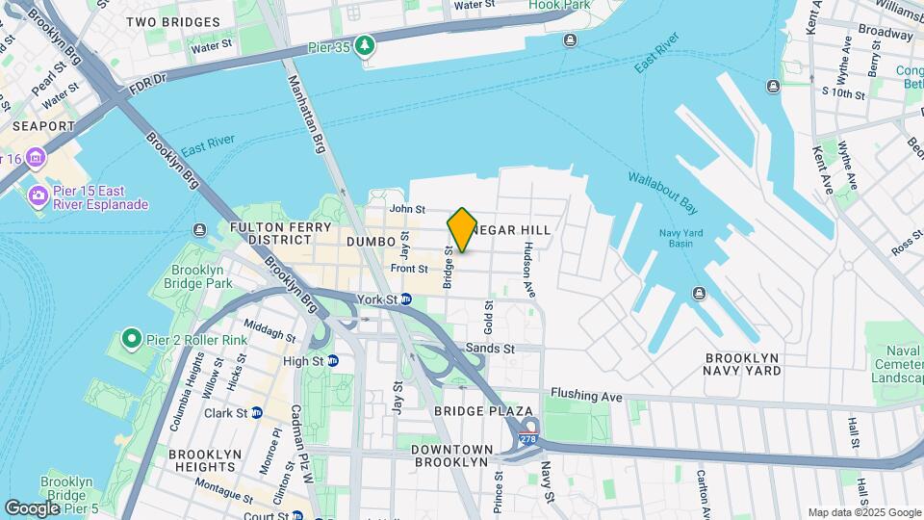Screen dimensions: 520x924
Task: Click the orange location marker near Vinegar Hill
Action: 462,229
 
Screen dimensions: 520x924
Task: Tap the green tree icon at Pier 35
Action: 365,45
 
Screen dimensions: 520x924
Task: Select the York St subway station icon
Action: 406,299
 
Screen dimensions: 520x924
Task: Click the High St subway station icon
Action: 333,361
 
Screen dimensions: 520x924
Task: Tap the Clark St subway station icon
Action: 257,413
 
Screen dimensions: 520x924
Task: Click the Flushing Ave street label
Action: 585,393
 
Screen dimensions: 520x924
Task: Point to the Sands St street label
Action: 490,348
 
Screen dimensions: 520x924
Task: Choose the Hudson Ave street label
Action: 527,269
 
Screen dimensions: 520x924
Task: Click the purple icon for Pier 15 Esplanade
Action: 39,196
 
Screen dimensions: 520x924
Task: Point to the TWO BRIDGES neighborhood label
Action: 172,21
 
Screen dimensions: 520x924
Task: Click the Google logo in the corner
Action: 32,507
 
